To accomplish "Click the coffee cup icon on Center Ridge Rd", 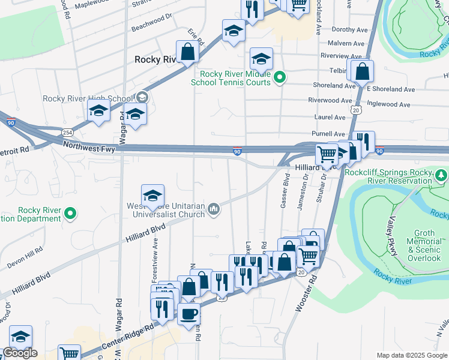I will pos(188,313).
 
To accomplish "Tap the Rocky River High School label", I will pos(88,98).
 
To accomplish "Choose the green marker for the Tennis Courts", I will pos(279,77).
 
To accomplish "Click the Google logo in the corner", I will pos(20,353).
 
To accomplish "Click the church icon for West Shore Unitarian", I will pos(212,209).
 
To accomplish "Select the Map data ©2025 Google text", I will pos(411,355).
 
